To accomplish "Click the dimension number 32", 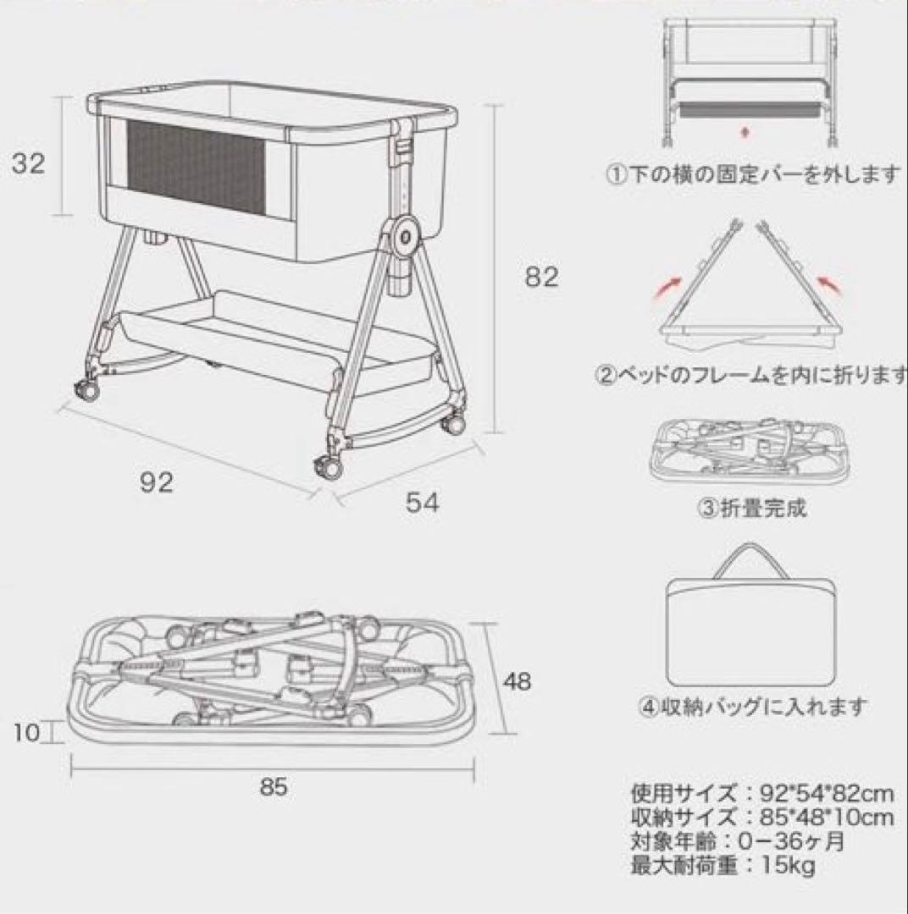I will tap(28, 162).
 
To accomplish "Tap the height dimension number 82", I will tap(541, 277).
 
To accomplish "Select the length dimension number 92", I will tap(157, 482).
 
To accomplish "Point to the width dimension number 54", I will tap(422, 503).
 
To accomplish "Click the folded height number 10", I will tap(27, 732).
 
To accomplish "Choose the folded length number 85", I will tap(274, 787).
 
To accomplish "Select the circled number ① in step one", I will tap(613, 175).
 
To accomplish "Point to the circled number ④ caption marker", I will tap(646, 706).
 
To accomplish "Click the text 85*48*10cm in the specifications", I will tap(822, 818).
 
